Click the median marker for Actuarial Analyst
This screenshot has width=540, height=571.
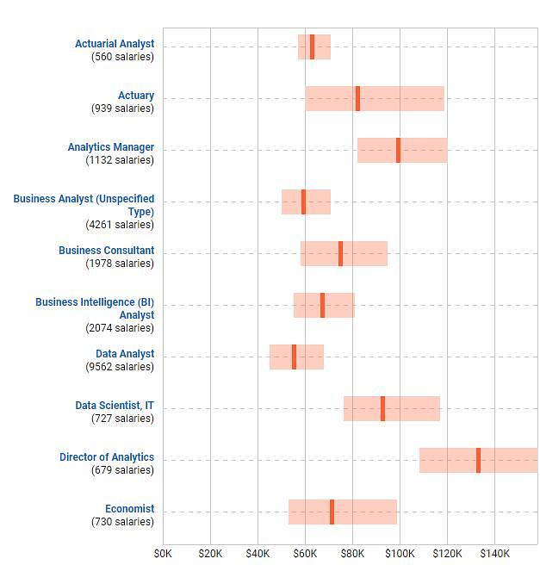click(x=312, y=47)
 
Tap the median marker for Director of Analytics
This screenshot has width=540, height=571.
click(x=478, y=460)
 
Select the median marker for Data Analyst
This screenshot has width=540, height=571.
click(x=294, y=357)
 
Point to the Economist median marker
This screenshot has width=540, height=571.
click(x=332, y=512)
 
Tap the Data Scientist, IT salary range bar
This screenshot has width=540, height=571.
click(x=413, y=408)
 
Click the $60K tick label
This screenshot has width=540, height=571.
click(x=305, y=553)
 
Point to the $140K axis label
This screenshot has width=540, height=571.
click(x=494, y=553)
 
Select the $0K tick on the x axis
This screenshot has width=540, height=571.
click(x=163, y=553)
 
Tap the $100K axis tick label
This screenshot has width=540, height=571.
click(x=400, y=553)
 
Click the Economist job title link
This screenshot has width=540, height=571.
click(x=129, y=509)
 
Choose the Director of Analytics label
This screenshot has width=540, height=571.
click(x=107, y=457)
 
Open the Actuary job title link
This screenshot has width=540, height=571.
click(x=136, y=96)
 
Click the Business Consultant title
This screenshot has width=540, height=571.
click(x=106, y=251)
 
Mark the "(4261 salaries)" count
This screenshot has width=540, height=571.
click(x=120, y=225)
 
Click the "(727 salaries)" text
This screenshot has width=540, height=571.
click(x=122, y=419)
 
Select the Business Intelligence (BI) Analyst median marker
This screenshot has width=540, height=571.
click(x=322, y=305)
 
